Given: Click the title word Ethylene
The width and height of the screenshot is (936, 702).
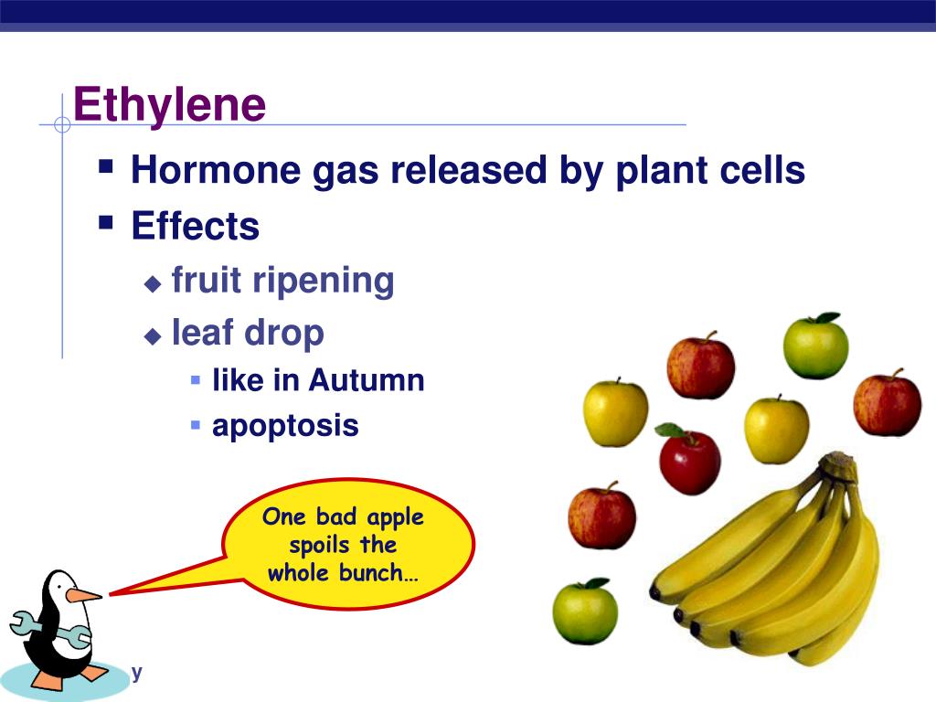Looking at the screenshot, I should tap(169, 105).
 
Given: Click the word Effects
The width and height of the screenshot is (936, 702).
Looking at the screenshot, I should tap(195, 226).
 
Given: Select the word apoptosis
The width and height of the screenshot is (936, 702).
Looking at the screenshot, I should tap(285, 426).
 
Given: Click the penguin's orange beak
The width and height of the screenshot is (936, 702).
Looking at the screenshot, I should tap(84, 595).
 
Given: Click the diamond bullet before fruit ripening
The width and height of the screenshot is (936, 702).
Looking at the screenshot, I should tap(153, 283).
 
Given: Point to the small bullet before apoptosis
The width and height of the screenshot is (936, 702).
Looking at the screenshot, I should tap(196, 424).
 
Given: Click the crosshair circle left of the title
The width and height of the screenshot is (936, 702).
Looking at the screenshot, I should tap(62, 124).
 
